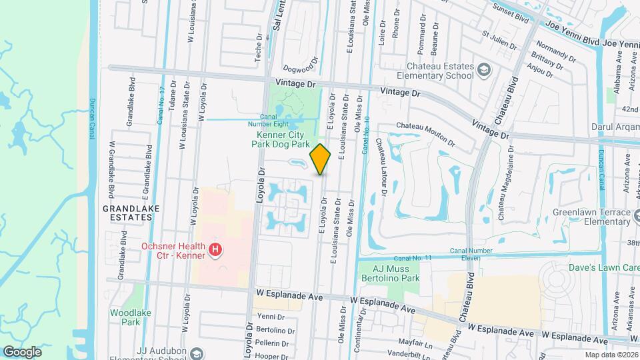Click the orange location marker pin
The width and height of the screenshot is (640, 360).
click(320, 159)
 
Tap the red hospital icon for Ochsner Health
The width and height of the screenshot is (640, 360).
click(215, 250)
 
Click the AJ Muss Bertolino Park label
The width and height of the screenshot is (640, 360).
click(389, 272)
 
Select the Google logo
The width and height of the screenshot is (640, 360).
click(22, 351)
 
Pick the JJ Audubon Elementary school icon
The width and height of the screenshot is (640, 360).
click(195, 353)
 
